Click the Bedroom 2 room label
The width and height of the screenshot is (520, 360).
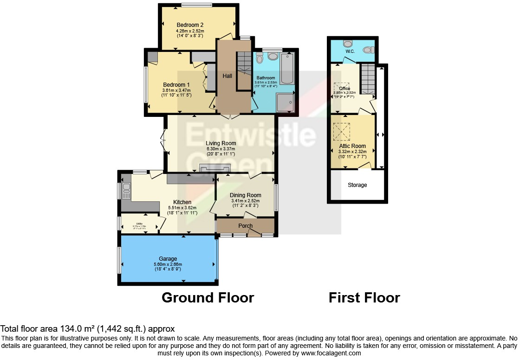click(x=190, y=25)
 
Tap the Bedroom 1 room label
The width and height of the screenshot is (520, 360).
click(x=176, y=84)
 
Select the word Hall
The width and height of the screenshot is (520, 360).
click(x=227, y=76)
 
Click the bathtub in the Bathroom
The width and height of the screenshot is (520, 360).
click(x=286, y=68)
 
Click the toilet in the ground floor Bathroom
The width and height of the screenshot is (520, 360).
click(x=260, y=58)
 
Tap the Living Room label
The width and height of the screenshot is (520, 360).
click(x=221, y=143)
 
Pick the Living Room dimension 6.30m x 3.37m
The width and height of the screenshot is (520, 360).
click(x=221, y=149)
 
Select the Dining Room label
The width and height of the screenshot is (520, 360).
click(x=246, y=195)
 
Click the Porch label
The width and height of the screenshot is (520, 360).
click(x=246, y=226)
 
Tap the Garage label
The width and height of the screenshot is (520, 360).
click(x=167, y=259)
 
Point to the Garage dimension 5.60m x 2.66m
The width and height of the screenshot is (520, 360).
click(x=167, y=264)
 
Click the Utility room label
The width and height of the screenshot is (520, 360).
click(x=139, y=224)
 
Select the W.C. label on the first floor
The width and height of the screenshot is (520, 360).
click(x=350, y=51)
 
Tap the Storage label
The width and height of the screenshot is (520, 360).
click(x=357, y=185)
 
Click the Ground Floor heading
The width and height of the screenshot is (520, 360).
click(x=208, y=297)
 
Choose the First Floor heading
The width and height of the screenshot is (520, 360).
click(x=364, y=297)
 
